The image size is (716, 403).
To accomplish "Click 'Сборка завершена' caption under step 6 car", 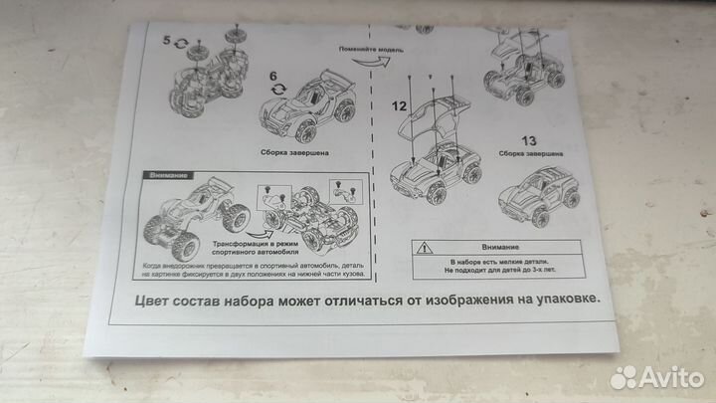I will coord(296,154).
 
